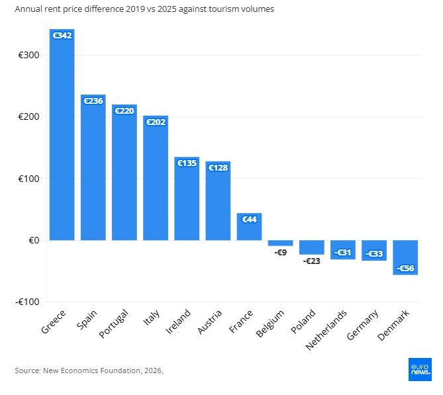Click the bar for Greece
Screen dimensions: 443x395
62,135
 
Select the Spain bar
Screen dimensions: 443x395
93,167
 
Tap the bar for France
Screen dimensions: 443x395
249,227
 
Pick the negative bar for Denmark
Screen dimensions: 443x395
405,257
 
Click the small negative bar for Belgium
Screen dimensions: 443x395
281,243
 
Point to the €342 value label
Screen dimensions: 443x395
62,35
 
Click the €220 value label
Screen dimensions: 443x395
124,110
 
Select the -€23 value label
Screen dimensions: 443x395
312,261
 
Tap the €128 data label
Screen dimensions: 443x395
218,167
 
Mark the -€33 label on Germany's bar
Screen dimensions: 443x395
374,254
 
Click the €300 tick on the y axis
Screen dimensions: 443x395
29,55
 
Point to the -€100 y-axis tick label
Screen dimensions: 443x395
27,302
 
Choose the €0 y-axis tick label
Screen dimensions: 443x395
34,240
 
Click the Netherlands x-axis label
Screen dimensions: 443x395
326,330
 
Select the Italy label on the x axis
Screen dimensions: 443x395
152,318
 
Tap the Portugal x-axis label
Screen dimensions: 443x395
114,324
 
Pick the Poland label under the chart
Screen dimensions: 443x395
303,322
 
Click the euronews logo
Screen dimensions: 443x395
420,370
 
